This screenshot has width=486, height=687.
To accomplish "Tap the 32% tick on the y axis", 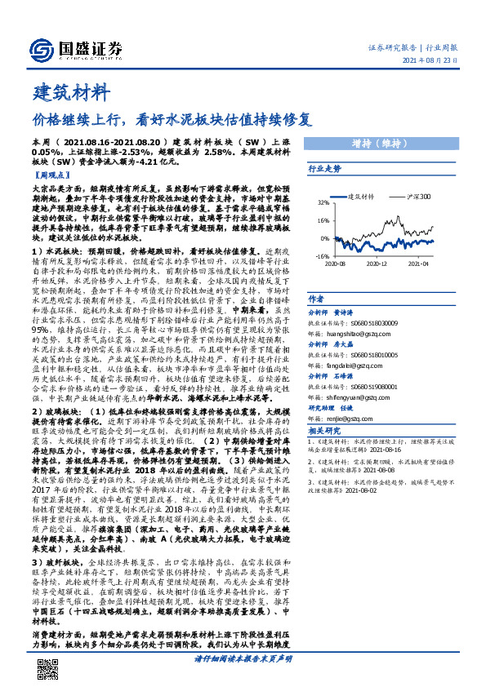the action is [x=322, y=202].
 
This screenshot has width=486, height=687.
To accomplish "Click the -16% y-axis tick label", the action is [x=321, y=255].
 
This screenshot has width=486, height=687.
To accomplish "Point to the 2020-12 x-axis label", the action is [x=377, y=264].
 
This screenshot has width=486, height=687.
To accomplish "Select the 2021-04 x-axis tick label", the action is [x=419, y=264].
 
